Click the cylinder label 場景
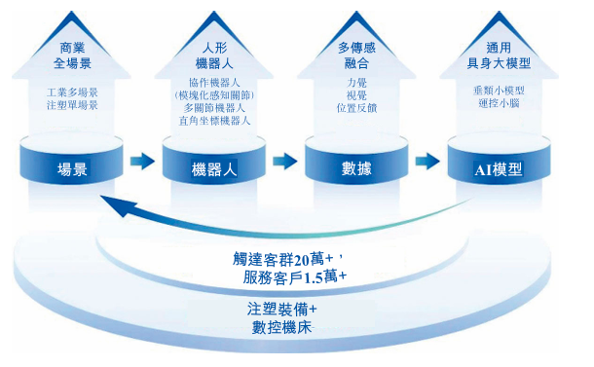[x=72, y=169]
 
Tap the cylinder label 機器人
[x=214, y=169]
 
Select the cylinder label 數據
[x=356, y=168]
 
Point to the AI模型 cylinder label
[x=499, y=169]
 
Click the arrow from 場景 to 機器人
[x=142, y=161]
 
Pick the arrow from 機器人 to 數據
[x=285, y=161]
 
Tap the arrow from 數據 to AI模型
[x=427, y=161]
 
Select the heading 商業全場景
[x=72, y=55]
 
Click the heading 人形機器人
[x=214, y=55]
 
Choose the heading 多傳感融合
[x=356, y=55]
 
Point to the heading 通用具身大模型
[x=499, y=55]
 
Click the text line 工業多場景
[x=72, y=92]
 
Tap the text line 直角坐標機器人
[x=214, y=121]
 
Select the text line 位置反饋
[x=356, y=108]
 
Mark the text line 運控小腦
[x=499, y=103]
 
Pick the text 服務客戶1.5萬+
[x=295, y=277]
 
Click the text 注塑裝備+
[x=281, y=309]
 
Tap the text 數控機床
[x=281, y=327]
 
